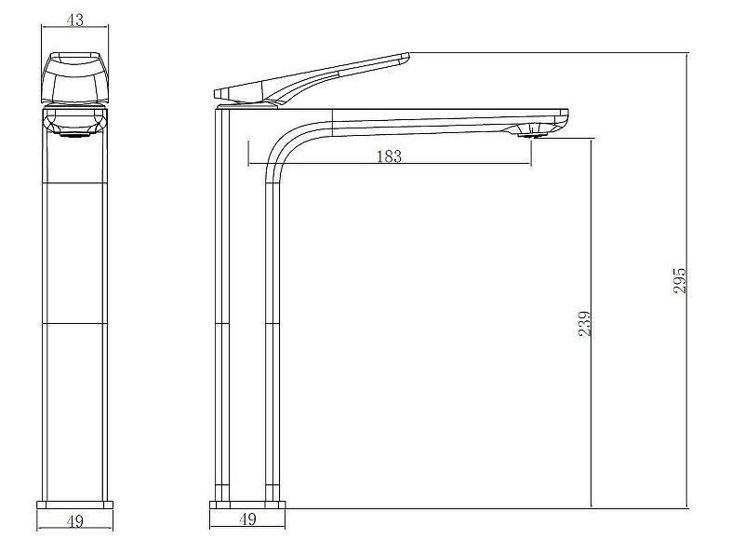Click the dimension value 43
click(x=75, y=20)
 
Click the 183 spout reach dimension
click(x=389, y=155)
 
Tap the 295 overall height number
click(x=680, y=280)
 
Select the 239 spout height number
click(x=584, y=324)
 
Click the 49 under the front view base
click(x=75, y=521)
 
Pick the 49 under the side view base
click(x=247, y=518)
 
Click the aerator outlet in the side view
click(x=532, y=135)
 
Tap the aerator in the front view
click(x=75, y=134)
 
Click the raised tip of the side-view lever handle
click(x=405, y=57)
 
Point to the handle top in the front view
click(x=75, y=55)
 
